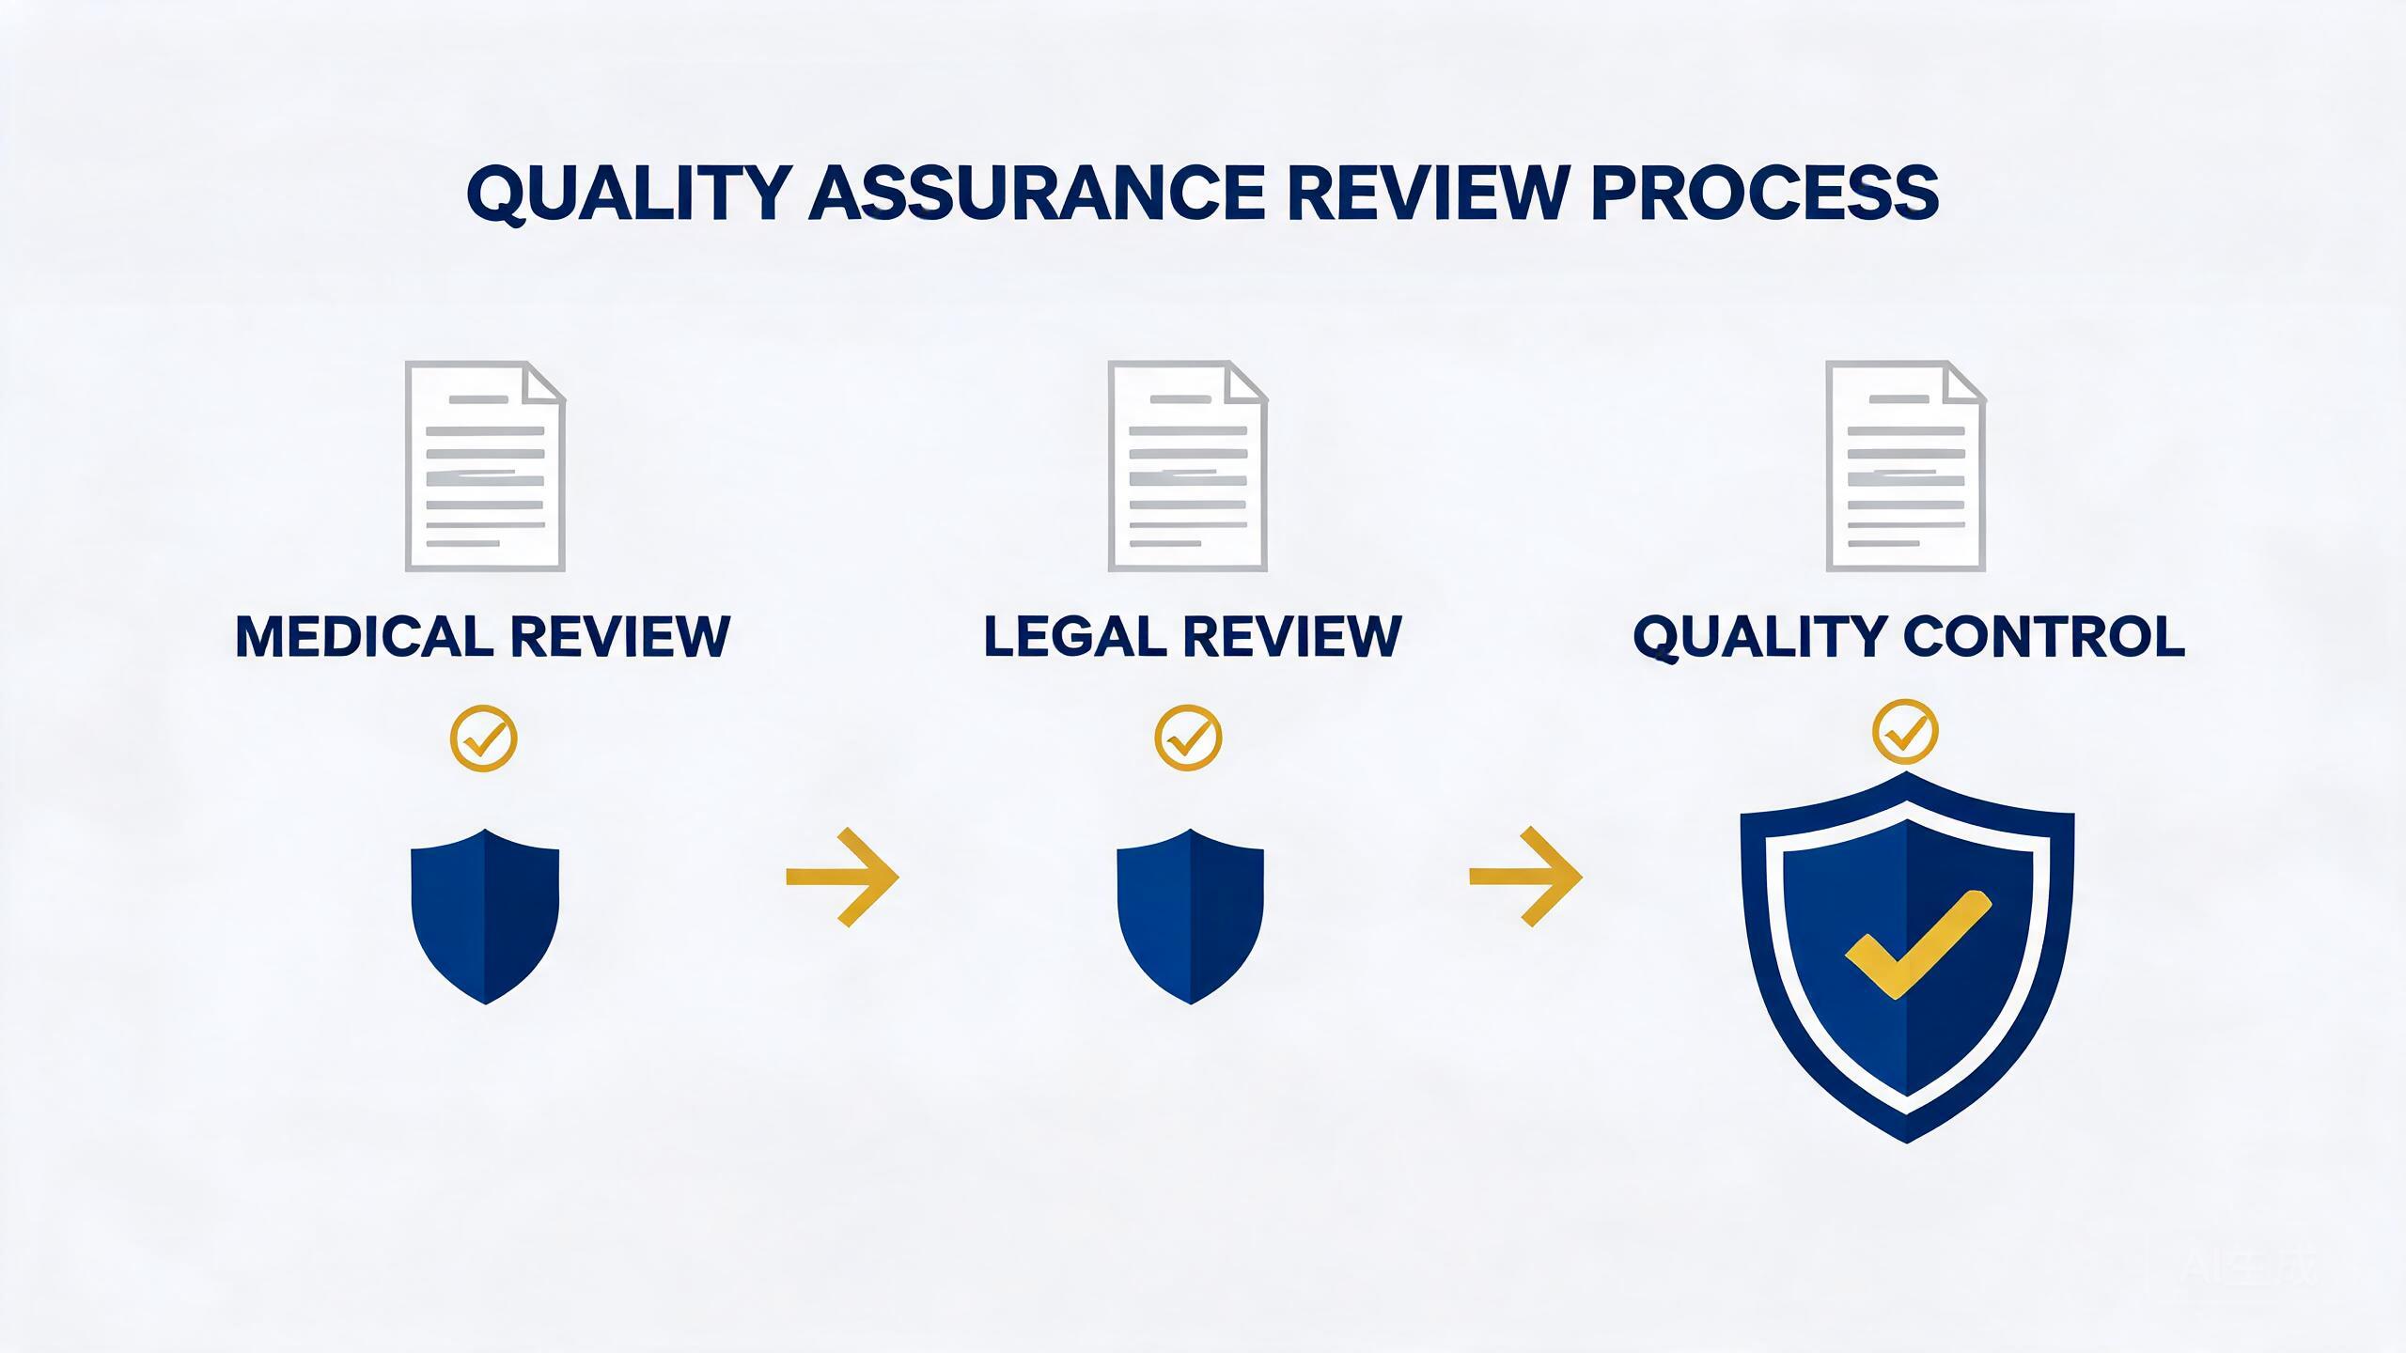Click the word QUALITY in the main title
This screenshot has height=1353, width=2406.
click(x=628, y=194)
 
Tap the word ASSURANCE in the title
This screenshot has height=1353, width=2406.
click(x=1038, y=193)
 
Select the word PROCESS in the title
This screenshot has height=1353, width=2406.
click(x=1765, y=193)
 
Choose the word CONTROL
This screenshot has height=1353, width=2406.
click(x=2044, y=636)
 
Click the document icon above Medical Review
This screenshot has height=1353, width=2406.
click(x=485, y=466)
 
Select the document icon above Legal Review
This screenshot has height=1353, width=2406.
click(x=1188, y=466)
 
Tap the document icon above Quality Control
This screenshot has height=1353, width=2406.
click(x=1905, y=466)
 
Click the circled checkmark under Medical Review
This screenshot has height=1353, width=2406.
click(x=484, y=739)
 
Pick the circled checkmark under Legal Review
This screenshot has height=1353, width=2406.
click(x=1188, y=739)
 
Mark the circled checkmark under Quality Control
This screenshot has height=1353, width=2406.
click(x=1905, y=732)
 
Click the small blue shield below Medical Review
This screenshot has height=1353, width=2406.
click(x=485, y=917)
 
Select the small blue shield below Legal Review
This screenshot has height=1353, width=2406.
click(x=1190, y=917)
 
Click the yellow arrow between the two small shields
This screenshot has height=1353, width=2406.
click(x=843, y=878)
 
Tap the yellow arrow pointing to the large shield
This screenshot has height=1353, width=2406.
click(x=1526, y=877)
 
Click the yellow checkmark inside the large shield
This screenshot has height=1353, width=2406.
click(x=1918, y=945)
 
